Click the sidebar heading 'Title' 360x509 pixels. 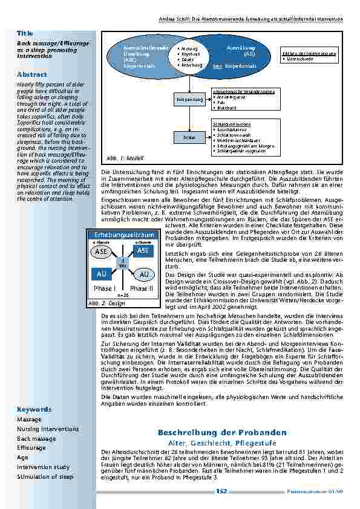tap(25, 33)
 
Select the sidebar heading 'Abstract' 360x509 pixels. tap(31, 74)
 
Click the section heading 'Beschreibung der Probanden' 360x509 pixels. tap(221, 433)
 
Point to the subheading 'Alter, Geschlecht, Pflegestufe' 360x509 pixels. tap(221, 443)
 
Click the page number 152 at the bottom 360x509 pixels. tap(221, 491)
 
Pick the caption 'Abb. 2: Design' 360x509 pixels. tap(106, 303)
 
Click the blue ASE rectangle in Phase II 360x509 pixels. tap(143, 250)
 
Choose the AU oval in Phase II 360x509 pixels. tap(143, 274)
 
